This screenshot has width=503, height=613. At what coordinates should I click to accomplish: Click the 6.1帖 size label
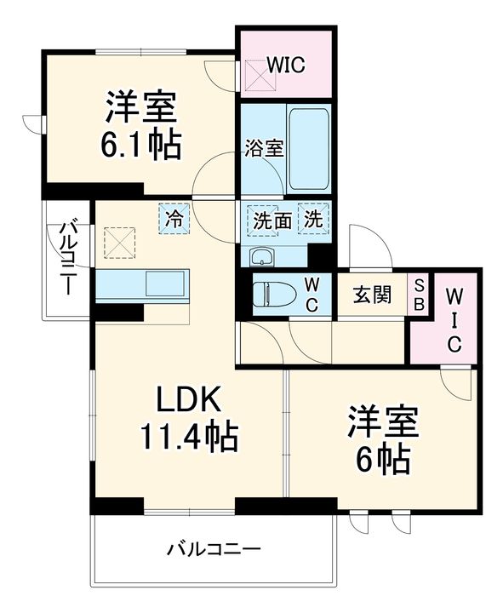click(142, 145)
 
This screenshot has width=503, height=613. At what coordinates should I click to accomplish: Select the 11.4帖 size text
click(189, 438)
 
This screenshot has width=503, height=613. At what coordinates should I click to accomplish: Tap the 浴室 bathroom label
click(264, 146)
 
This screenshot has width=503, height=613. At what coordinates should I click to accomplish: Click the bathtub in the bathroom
click(307, 148)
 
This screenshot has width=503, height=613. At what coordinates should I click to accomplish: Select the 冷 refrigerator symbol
click(174, 218)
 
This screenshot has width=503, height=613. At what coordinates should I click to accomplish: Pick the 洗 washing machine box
click(314, 218)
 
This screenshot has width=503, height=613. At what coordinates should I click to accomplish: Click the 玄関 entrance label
click(372, 295)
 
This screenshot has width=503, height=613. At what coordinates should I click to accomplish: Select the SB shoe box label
click(419, 295)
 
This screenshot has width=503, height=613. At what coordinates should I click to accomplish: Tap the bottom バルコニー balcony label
click(214, 548)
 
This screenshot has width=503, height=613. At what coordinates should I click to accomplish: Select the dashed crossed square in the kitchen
click(118, 242)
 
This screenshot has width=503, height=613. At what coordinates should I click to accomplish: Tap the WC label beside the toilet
click(312, 295)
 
